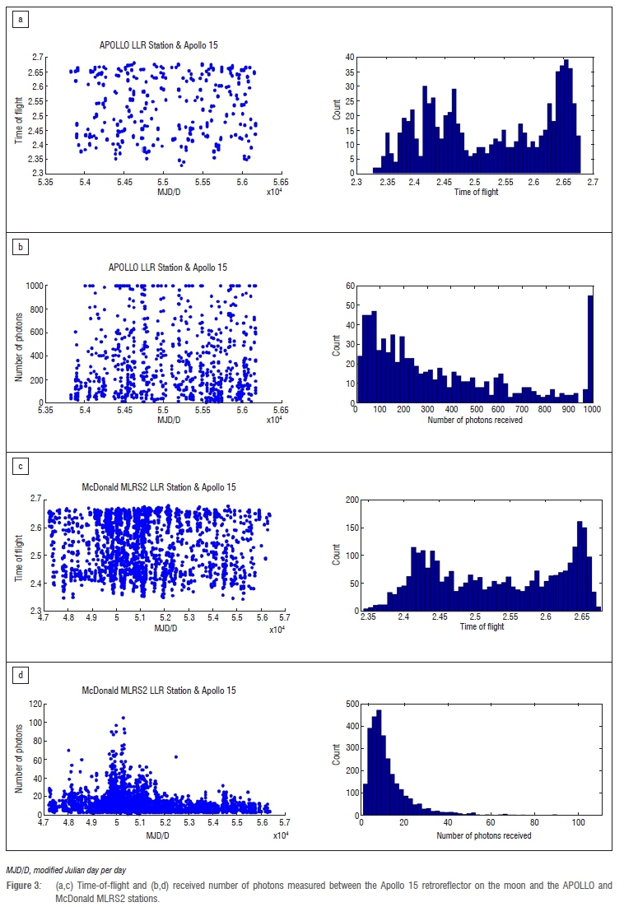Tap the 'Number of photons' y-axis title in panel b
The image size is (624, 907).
click(x=18, y=344)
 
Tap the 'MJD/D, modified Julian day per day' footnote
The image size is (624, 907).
click(x=68, y=869)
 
